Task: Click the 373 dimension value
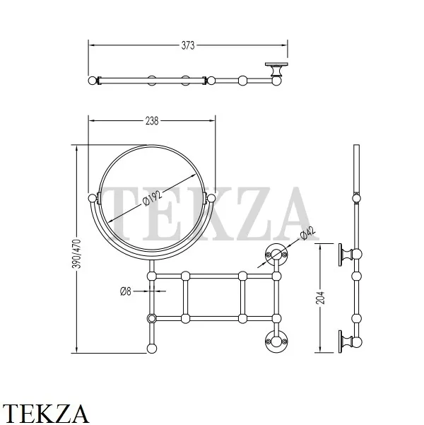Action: coord(188,45)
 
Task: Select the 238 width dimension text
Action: coord(152,121)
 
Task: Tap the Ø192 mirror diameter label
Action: coord(152,199)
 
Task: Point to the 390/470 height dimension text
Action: coord(78,254)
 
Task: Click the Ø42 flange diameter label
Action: coord(308,233)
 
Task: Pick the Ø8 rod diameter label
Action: coord(126,291)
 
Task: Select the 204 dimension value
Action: coord(321,298)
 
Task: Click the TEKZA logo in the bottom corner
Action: coord(45,414)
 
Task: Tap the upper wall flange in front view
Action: coord(276,255)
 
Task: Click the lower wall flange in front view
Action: coord(276,342)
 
